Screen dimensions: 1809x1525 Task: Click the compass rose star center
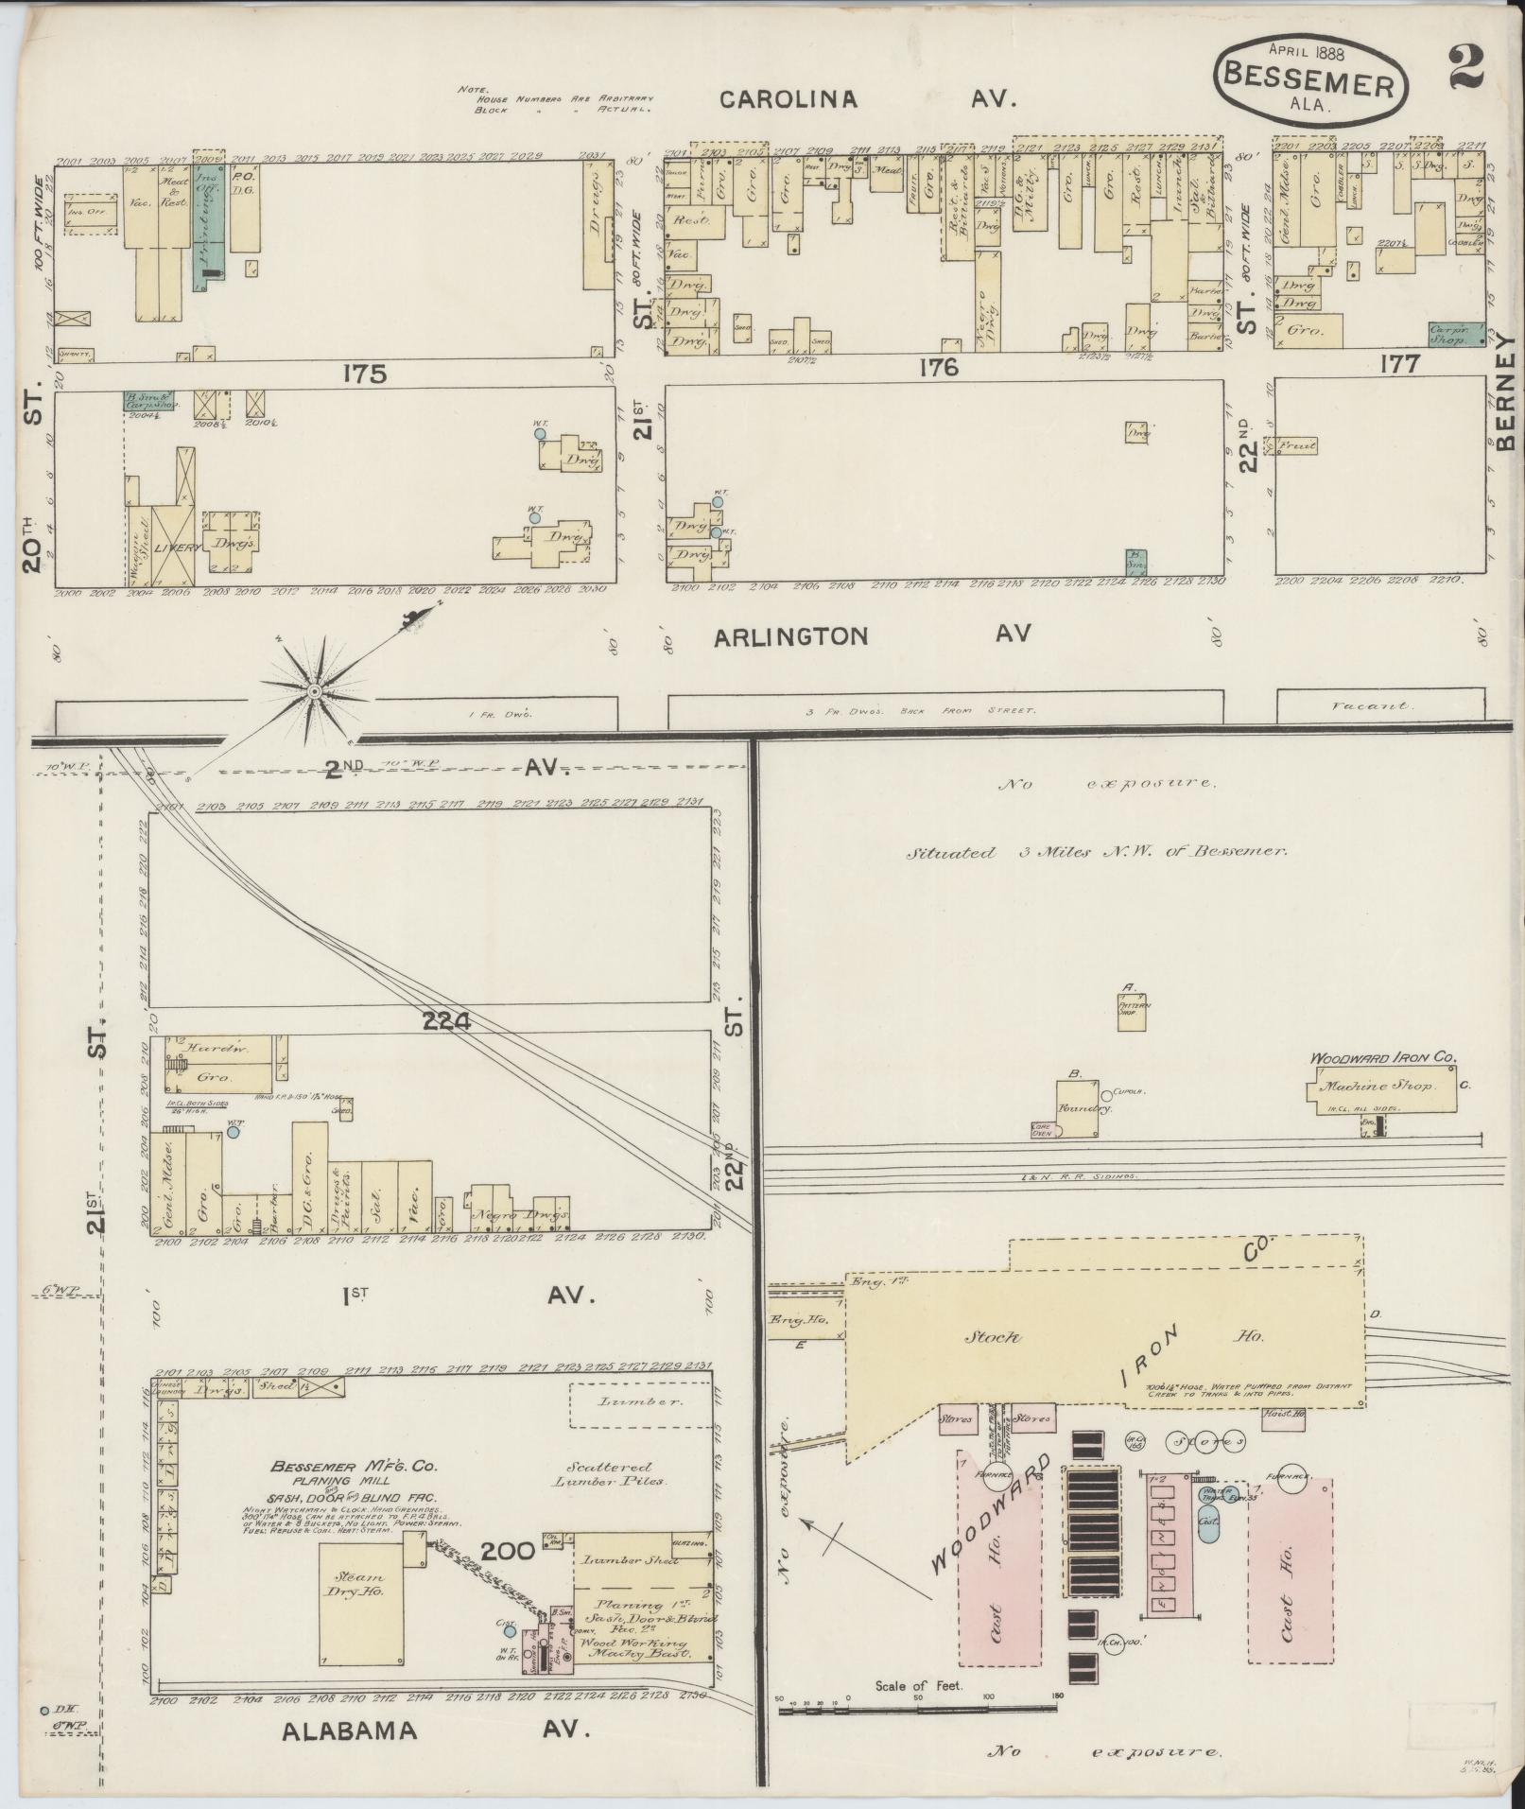click(313, 693)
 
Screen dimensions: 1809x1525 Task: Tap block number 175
click(366, 374)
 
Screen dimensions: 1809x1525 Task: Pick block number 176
click(939, 368)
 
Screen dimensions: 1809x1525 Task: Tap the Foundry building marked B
click(1081, 1105)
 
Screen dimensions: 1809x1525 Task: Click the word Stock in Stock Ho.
click(992, 1338)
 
